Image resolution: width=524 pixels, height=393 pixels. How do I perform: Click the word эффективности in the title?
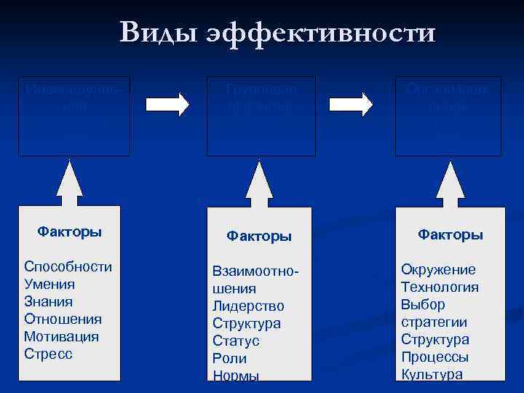click(x=321, y=33)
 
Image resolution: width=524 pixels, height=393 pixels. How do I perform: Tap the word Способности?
click(x=68, y=266)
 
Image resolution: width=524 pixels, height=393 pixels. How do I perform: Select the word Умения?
click(x=49, y=284)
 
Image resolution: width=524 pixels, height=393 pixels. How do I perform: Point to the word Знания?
click(x=49, y=301)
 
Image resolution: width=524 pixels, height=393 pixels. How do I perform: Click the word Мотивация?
click(x=61, y=337)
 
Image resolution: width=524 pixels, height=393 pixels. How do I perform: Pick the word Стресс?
click(x=48, y=354)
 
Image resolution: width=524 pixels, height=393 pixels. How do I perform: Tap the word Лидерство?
click(x=248, y=306)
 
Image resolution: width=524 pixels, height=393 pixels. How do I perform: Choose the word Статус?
click(x=236, y=341)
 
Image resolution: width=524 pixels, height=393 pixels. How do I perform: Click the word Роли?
click(x=229, y=358)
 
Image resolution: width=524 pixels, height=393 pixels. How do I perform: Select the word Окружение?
click(x=438, y=269)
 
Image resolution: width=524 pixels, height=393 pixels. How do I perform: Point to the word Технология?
click(x=440, y=287)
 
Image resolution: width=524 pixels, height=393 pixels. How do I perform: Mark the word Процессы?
click(x=434, y=357)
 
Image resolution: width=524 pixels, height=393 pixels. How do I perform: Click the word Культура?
click(x=432, y=375)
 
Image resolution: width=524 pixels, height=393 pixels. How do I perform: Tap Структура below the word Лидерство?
click(x=246, y=323)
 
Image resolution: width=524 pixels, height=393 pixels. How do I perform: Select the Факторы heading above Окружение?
click(x=450, y=234)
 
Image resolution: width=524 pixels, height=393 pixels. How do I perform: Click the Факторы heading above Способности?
click(x=69, y=232)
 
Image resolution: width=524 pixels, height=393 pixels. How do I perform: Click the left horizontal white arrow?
click(x=167, y=103)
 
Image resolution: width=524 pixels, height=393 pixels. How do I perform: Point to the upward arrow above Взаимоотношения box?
click(x=258, y=186)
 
